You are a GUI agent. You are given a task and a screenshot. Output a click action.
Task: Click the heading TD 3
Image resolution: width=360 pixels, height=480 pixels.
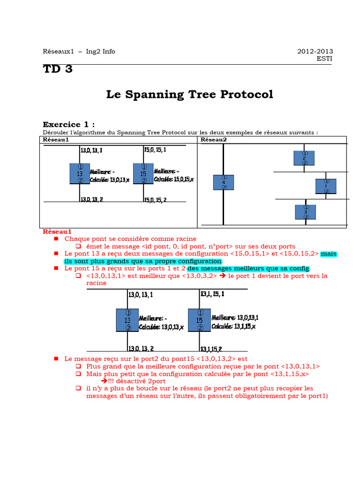click(x=58, y=69)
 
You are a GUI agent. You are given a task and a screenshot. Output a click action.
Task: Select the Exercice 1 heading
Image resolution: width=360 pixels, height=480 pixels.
click(x=68, y=124)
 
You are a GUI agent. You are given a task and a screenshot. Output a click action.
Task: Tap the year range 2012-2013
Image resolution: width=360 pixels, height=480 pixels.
click(x=315, y=52)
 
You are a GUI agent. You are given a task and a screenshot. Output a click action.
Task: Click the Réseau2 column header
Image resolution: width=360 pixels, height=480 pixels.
click(x=214, y=140)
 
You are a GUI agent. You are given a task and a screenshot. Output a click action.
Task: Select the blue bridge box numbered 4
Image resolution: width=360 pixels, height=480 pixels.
click(x=224, y=182)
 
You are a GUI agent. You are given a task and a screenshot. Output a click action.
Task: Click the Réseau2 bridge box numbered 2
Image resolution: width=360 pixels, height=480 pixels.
click(x=304, y=158)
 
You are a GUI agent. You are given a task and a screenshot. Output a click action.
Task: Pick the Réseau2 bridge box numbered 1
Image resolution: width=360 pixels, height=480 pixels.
click(x=326, y=186)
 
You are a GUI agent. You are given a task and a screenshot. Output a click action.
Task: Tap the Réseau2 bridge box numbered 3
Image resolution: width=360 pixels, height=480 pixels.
click(x=305, y=212)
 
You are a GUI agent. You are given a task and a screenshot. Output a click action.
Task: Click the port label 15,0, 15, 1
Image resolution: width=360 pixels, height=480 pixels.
click(x=155, y=150)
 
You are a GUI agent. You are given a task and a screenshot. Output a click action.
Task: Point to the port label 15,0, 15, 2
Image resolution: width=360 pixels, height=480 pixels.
click(x=155, y=200)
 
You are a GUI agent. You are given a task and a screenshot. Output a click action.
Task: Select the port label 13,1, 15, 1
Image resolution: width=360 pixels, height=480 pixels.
click(x=212, y=294)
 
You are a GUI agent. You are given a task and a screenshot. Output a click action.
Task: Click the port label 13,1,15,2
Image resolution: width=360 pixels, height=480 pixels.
click(x=211, y=349)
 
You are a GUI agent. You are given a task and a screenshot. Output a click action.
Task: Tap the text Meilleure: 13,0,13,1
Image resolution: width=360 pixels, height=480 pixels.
click(x=235, y=318)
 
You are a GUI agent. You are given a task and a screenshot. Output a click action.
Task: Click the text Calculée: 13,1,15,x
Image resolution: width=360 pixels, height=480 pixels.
click(x=233, y=326)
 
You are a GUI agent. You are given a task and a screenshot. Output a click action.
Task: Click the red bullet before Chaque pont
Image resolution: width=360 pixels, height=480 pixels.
click(x=56, y=239)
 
